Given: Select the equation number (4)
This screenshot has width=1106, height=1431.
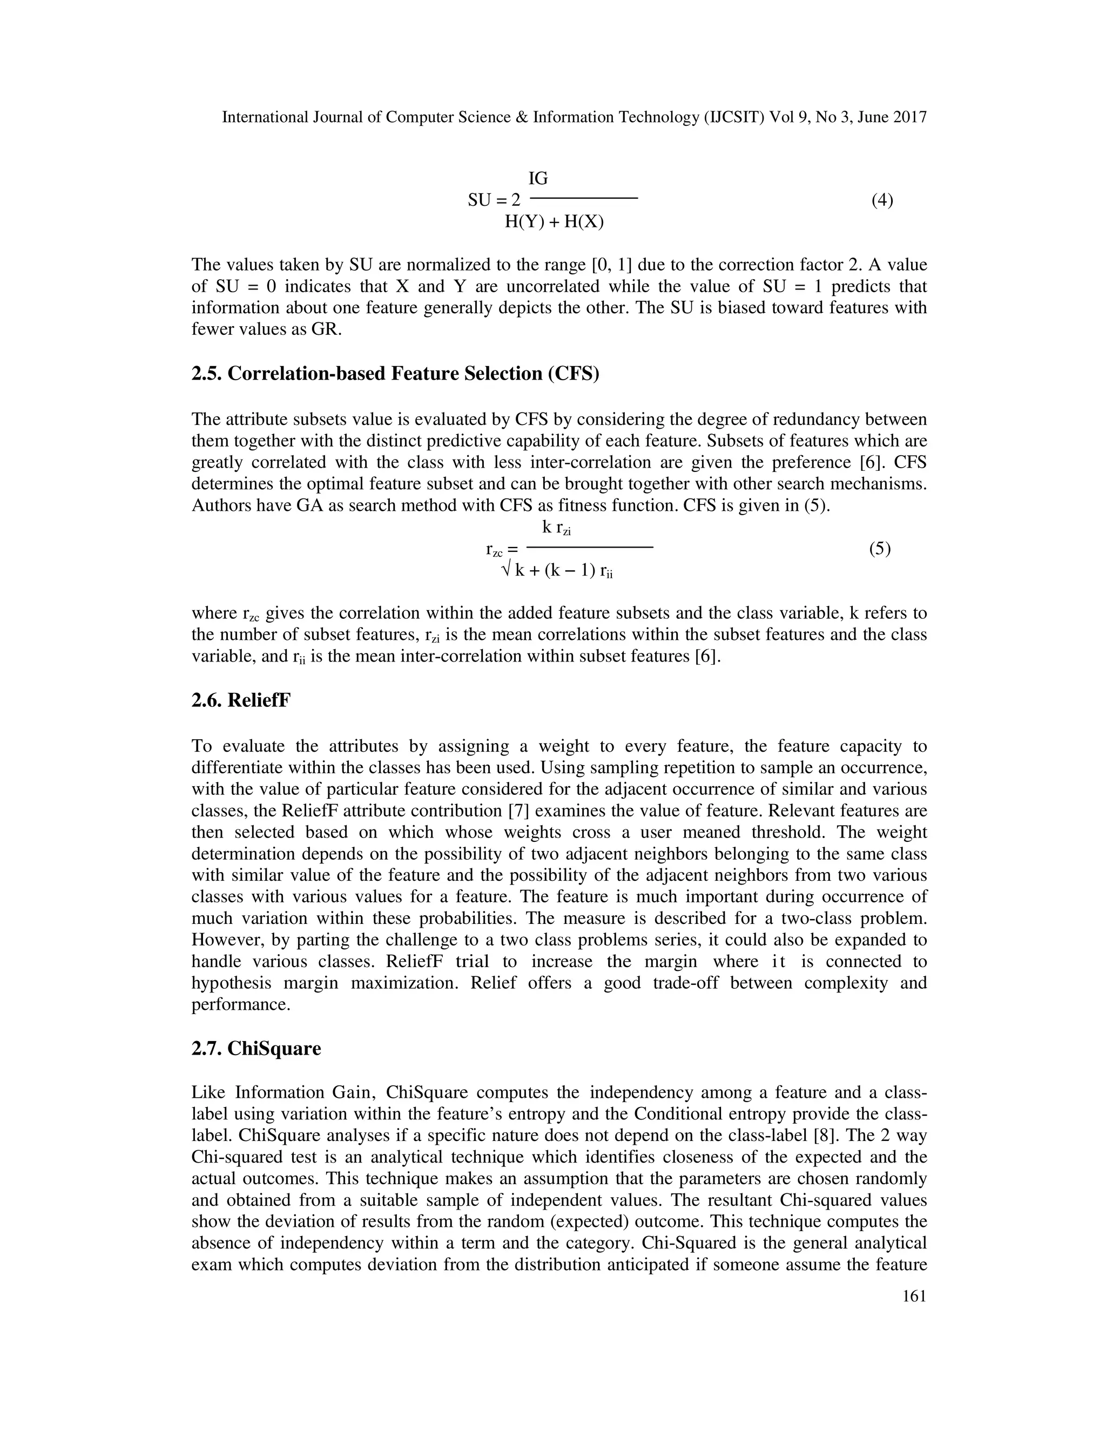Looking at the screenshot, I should (882, 200).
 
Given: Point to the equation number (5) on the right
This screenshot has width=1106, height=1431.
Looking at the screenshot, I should (879, 549).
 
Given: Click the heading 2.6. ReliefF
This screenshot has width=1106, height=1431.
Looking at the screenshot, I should (240, 700).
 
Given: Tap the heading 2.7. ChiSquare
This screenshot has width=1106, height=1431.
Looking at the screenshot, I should (255, 1048).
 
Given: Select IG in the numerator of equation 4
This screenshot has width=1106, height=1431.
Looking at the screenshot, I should (538, 178).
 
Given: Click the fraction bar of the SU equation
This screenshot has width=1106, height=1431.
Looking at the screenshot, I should (583, 198).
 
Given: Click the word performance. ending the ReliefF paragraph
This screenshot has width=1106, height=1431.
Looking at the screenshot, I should (240, 1004).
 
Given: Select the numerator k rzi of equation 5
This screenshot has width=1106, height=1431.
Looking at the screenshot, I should (556, 528).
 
